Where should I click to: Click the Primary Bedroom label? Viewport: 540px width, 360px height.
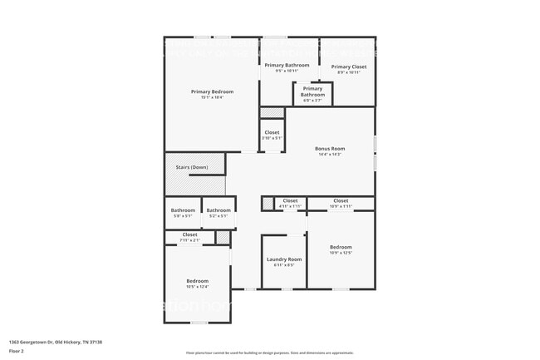click(x=212, y=91)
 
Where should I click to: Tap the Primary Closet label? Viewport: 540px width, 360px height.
click(x=348, y=67)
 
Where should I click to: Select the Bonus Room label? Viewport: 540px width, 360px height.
click(x=330, y=149)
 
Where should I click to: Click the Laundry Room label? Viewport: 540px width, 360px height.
click(x=284, y=259)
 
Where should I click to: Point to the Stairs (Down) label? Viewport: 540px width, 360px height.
click(x=192, y=167)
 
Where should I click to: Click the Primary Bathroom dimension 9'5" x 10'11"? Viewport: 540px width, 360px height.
click(x=287, y=71)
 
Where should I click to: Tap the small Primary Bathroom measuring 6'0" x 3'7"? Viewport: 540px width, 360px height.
click(x=312, y=91)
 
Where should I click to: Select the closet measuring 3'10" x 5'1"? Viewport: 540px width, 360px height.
click(x=272, y=132)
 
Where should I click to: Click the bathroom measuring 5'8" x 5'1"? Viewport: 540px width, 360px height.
click(x=183, y=210)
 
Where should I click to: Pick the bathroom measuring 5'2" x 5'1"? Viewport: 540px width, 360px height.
click(x=218, y=210)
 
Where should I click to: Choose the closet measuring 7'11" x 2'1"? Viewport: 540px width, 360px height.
click(x=190, y=234)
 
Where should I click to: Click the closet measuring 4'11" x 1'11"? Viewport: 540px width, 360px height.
click(x=290, y=200)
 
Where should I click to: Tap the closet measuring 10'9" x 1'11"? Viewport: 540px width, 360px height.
click(x=341, y=200)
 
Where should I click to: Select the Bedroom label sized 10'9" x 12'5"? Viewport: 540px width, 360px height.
click(x=341, y=247)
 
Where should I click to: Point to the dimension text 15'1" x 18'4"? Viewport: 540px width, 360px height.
click(x=212, y=97)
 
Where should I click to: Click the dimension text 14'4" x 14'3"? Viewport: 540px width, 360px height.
click(x=330, y=155)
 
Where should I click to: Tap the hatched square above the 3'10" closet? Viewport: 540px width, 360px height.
click(x=272, y=114)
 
